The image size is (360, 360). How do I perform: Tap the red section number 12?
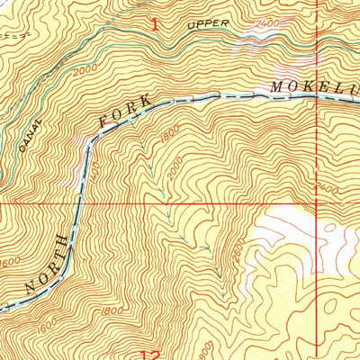154,354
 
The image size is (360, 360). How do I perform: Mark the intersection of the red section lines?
317,203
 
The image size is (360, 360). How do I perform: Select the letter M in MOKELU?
276,88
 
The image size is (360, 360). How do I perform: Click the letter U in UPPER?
190,27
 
